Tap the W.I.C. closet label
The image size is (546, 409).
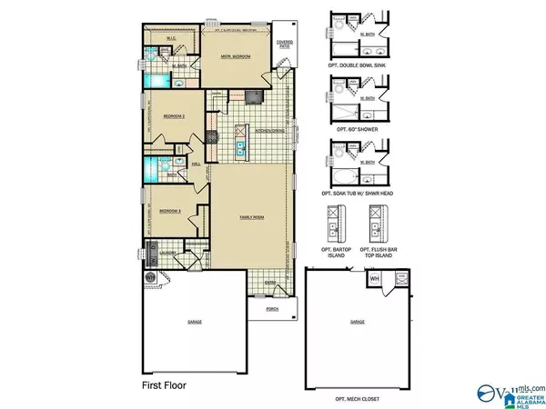[x=178, y=38]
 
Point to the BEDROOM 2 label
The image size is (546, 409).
[x=174, y=116]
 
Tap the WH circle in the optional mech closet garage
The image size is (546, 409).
[x=374, y=279]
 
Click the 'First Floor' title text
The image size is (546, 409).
[x=163, y=384]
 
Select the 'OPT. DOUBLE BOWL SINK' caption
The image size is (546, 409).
[x=358, y=67]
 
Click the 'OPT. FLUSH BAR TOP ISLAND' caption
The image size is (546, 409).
[x=375, y=251]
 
